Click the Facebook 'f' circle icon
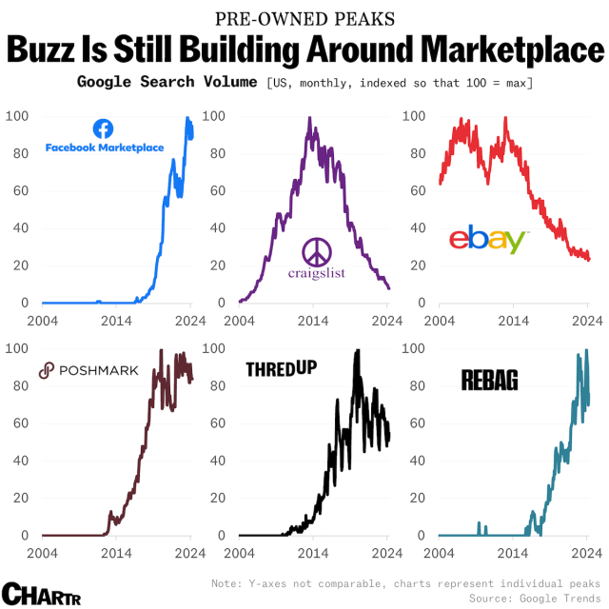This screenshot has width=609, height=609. [x=104, y=128]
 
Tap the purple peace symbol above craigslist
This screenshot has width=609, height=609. [x=316, y=253]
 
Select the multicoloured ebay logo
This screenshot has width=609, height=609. [x=487, y=240]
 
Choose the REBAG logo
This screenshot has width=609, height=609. [x=489, y=381]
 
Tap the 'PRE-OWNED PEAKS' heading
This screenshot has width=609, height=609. [x=304, y=18]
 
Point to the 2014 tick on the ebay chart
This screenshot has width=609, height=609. [x=514, y=321]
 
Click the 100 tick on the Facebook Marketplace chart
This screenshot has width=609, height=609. [x=18, y=116]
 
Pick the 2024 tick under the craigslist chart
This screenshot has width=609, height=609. [x=389, y=321]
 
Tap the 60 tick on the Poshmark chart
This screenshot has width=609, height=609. [x=19, y=423]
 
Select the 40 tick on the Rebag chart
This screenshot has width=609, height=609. [x=415, y=461]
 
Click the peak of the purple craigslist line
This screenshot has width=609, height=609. [x=309, y=118]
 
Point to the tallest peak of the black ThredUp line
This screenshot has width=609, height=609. [x=358, y=350]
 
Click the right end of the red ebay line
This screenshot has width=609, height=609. [x=589, y=259]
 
